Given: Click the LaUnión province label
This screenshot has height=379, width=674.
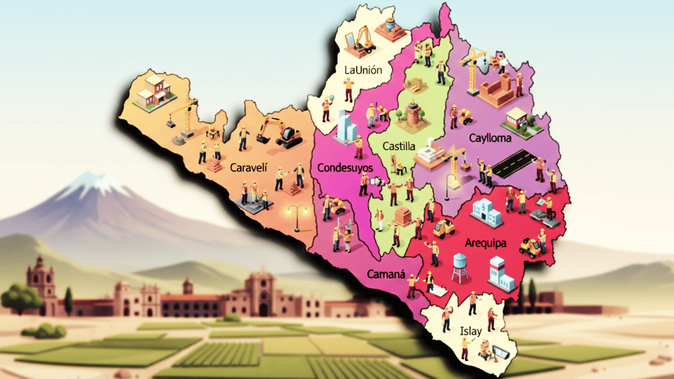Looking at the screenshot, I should [x=363, y=70].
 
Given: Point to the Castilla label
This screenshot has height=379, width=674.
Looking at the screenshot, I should [x=398, y=147].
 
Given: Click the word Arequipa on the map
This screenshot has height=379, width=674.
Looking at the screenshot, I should [x=486, y=243].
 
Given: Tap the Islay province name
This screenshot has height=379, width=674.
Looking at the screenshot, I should [x=470, y=331].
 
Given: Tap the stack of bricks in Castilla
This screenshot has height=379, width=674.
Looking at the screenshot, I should [x=404, y=216].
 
